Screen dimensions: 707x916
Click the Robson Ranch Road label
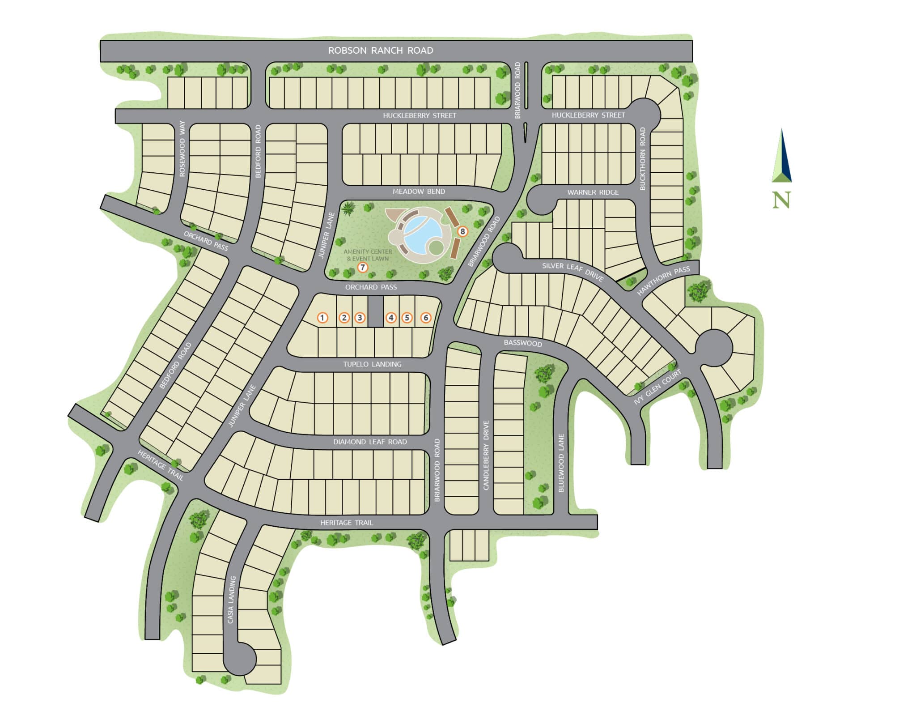pos(380,51)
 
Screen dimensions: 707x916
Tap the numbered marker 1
pos(322,318)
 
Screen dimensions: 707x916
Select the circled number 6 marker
pos(426,318)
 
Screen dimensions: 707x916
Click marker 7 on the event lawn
pos(363,268)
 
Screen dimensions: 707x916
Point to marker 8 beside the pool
pos(463,232)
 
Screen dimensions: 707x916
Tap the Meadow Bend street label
pos(419,192)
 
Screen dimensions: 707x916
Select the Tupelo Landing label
pos(372,364)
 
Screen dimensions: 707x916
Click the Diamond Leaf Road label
pos(370,442)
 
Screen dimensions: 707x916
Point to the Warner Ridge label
pos(593,192)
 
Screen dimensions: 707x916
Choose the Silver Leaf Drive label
pos(573,272)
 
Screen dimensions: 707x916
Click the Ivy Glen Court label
pos(657,388)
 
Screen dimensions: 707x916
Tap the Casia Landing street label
pos(231,600)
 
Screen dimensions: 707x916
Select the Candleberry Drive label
pos(486,455)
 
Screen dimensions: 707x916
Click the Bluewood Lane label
pos(561,463)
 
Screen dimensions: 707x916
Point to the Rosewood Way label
pos(182,149)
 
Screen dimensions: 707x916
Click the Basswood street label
pos(522,343)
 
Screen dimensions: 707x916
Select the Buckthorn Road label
pos(643,159)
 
